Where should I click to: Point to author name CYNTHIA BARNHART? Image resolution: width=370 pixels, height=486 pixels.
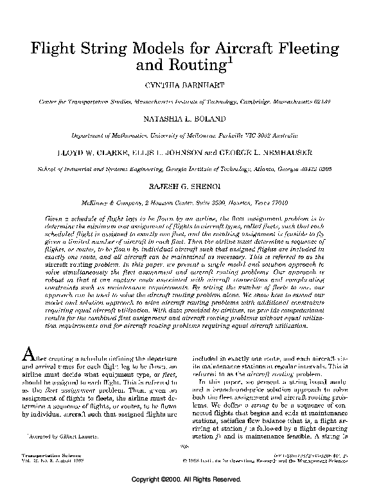coord(184,84)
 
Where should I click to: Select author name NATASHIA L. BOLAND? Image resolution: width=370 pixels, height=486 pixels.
coord(184,119)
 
